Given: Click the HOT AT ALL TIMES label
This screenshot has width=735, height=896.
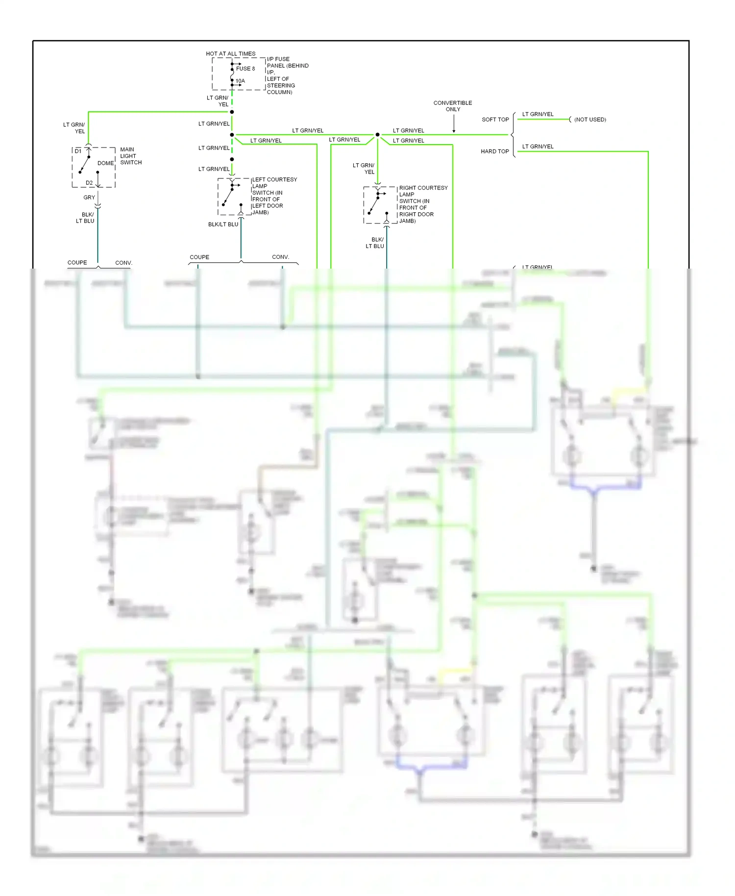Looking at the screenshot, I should (x=230, y=53).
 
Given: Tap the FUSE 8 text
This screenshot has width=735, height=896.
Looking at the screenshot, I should (x=245, y=69).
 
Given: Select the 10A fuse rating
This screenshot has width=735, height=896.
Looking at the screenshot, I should (x=240, y=81).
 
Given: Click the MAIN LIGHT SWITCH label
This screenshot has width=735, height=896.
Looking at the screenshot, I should (x=131, y=156).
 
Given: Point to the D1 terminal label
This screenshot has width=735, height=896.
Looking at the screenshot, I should (x=78, y=151).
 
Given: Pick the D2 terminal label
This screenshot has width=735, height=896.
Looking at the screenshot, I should (x=89, y=183).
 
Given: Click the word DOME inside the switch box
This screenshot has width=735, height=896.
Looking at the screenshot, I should (x=105, y=163).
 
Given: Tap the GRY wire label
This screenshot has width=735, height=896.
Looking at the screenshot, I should (x=89, y=198).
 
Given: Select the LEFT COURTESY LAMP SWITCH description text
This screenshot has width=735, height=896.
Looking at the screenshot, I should (x=274, y=196).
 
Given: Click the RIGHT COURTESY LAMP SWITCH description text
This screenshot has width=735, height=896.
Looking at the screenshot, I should (x=422, y=204).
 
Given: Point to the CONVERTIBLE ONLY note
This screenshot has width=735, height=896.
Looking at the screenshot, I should (x=452, y=106).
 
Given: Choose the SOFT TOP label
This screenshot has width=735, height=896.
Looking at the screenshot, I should (x=495, y=120).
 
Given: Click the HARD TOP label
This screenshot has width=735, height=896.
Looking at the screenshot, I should (x=494, y=151).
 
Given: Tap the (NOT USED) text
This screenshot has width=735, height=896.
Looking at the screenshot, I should (x=590, y=120).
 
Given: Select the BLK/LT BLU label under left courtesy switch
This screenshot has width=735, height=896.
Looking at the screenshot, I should (x=223, y=224).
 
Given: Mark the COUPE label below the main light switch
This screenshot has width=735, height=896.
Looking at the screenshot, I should (x=77, y=263).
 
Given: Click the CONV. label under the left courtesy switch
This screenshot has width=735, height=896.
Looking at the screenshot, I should (x=280, y=257).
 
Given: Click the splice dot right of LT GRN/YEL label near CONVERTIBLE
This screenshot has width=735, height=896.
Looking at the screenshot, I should (x=377, y=134).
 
